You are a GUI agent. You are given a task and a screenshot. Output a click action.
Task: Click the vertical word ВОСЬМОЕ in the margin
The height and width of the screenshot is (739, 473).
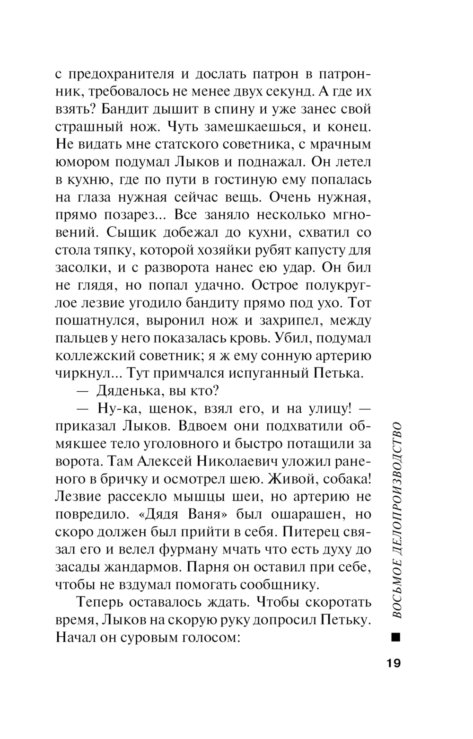click(x=396, y=592)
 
